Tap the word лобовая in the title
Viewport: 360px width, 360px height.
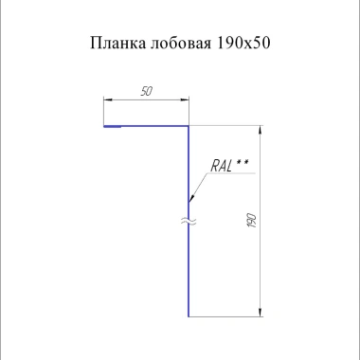tap(177, 44)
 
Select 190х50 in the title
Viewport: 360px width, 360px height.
tap(243, 44)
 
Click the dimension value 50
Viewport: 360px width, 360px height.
tap(147, 91)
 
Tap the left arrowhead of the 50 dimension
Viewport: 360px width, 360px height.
tap(107, 98)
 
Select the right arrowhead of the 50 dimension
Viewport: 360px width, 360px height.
tap(185, 98)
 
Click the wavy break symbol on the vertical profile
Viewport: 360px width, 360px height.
tap(189, 223)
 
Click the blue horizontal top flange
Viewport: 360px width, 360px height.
tap(152, 125)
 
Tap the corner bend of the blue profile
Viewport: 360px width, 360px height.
tap(189, 125)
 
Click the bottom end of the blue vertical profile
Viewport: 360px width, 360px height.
tap(189, 315)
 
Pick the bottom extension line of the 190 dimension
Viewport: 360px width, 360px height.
tap(227, 315)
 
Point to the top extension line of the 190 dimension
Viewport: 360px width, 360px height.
tap(227, 125)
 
